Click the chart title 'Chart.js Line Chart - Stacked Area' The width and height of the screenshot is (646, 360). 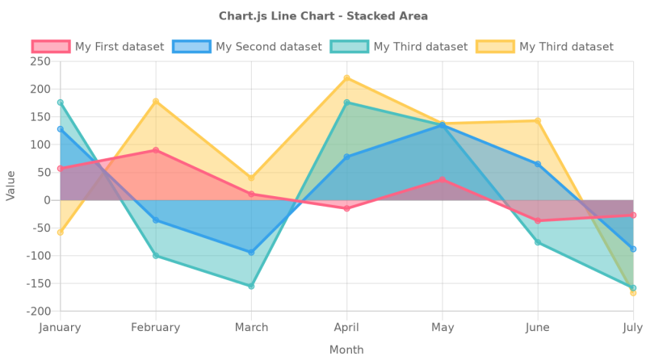coord(323,16)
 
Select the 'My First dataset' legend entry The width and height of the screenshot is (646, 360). coord(98,47)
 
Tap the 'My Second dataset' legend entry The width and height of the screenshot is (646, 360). coord(240,47)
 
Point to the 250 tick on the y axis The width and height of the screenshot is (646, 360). coord(40,61)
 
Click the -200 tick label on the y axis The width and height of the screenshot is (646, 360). coord(38,311)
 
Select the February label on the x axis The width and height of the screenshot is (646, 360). coord(156,327)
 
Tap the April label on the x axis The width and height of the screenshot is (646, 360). coord(346,327)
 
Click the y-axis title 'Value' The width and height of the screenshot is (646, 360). coord(10,186)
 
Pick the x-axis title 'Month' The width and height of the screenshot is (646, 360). coord(346,350)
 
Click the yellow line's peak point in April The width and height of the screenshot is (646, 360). coord(346,78)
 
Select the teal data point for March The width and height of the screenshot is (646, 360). coord(251,286)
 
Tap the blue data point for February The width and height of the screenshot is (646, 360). coord(156,220)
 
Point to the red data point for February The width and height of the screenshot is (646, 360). coord(156,150)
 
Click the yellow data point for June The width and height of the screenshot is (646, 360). coord(538,121)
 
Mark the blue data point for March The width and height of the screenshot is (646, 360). coord(251,253)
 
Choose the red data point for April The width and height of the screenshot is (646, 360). coord(346,208)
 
